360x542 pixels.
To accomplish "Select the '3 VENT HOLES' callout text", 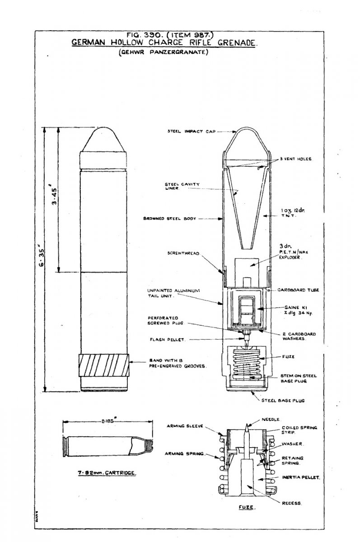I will (296, 159).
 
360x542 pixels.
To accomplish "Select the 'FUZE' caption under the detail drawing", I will (244, 507).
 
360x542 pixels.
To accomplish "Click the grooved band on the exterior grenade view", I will (104, 365).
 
